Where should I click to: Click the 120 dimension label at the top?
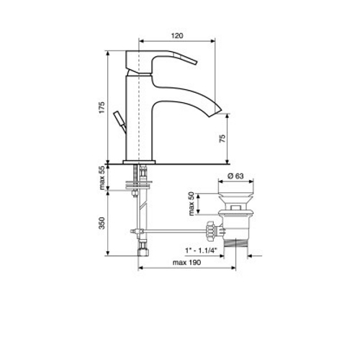tap(177, 36)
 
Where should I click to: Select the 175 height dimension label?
tap(102, 107)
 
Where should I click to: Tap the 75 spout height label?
tap(222, 139)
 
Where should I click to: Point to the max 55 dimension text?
tap(102, 178)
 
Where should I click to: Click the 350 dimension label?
tap(102, 223)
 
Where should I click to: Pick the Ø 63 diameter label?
tap(235, 176)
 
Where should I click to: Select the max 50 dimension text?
tap(192, 204)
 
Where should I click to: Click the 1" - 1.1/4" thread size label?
tap(201, 251)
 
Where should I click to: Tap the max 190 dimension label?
tap(186, 263)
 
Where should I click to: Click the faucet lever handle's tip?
tap(195, 62)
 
